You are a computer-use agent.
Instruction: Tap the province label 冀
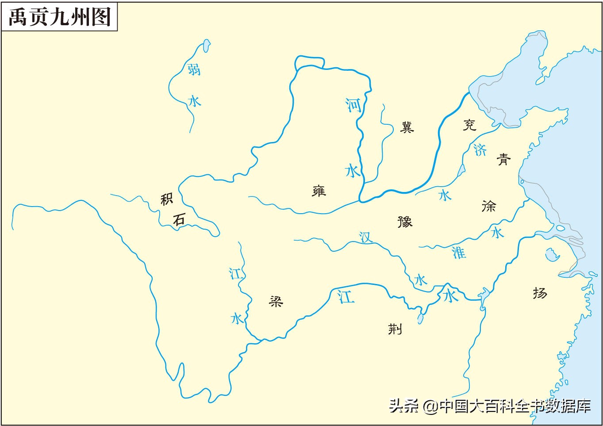407,127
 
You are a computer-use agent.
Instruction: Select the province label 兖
469,125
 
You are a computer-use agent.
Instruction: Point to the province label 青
503,159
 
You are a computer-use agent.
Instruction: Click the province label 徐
488,206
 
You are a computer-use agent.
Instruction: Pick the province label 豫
405,221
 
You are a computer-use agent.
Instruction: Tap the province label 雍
319,191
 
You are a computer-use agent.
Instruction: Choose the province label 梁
276,302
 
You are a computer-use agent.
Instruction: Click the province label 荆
395,329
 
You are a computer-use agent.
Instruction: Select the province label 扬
540,293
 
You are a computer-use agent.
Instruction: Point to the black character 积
166,200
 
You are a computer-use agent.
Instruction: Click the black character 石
179,220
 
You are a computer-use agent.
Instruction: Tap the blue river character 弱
193,69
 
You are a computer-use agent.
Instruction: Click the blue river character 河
353,105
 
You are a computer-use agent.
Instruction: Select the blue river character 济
480,150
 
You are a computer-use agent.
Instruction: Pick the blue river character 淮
459,253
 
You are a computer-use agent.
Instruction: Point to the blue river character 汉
365,238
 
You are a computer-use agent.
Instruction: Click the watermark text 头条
403,406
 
